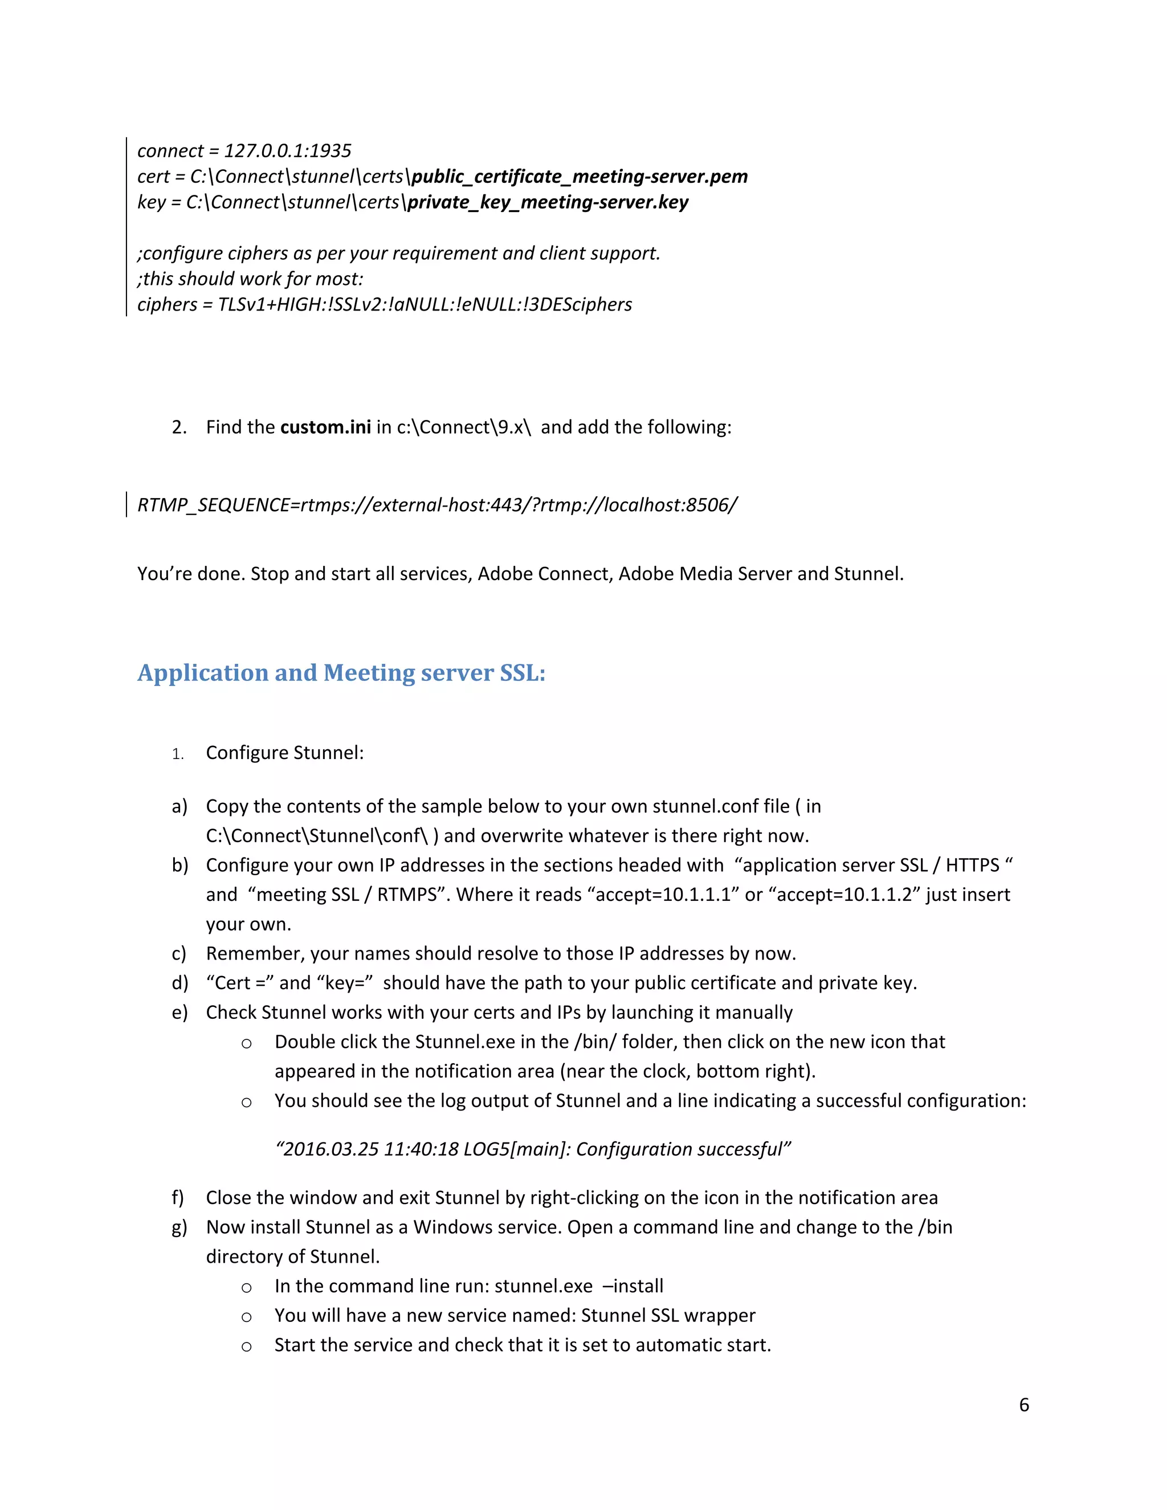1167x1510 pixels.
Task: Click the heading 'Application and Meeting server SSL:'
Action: click(341, 673)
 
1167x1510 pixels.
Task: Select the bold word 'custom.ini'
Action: click(325, 427)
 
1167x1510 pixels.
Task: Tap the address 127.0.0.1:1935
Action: click(288, 151)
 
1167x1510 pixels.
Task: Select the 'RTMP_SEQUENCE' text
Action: click(214, 505)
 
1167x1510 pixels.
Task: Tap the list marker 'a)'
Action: click(179, 806)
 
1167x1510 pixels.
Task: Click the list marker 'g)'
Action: click(179, 1227)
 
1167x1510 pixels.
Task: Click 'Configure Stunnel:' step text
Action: click(285, 752)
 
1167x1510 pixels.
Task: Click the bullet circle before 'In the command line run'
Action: click(246, 1287)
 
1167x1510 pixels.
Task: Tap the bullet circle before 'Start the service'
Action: click(246, 1346)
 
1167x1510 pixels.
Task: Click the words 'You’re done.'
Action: click(191, 574)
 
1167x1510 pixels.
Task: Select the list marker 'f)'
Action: click(178, 1198)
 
